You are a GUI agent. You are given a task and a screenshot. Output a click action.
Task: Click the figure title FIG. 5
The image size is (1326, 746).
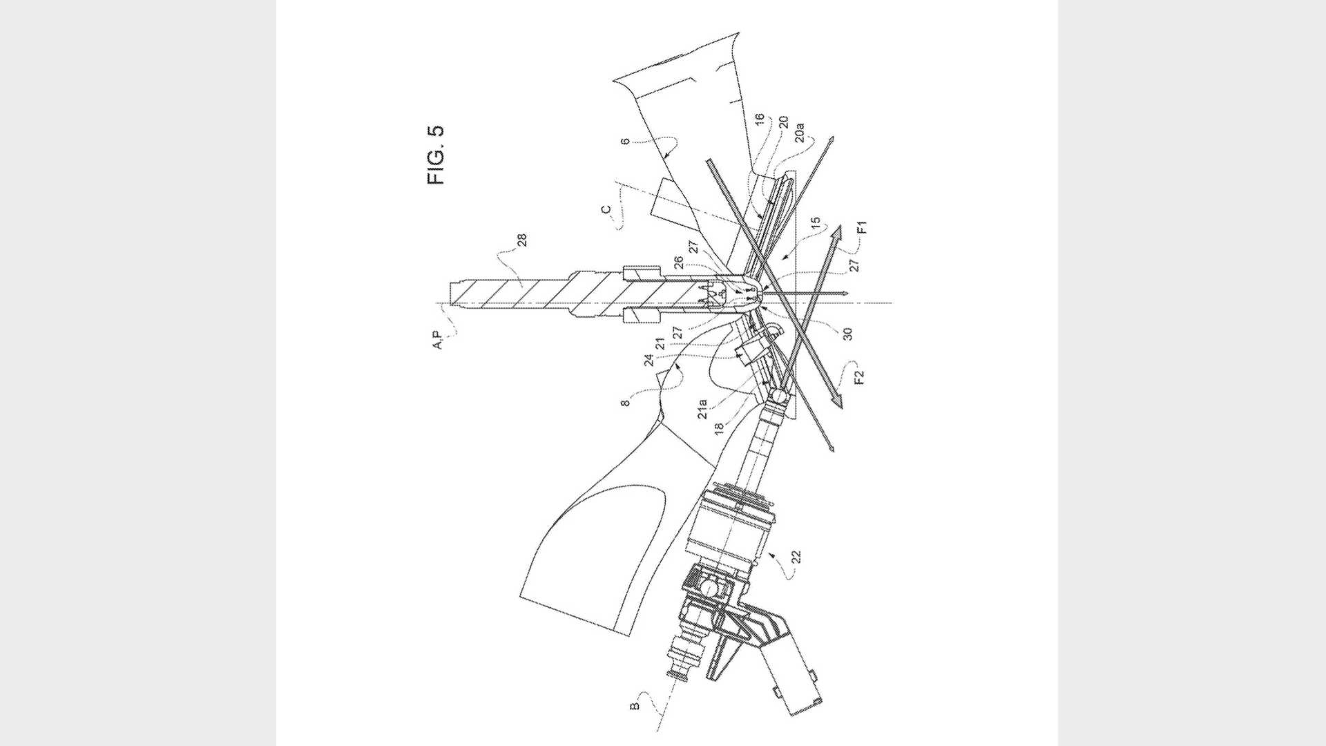click(436, 154)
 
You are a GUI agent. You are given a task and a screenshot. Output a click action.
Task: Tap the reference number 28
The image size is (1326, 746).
click(522, 240)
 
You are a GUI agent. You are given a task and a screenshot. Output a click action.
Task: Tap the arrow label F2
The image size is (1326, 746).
click(858, 378)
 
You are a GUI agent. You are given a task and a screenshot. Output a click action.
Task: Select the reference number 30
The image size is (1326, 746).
click(849, 333)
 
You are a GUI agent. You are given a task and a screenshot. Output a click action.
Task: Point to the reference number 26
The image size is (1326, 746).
click(679, 263)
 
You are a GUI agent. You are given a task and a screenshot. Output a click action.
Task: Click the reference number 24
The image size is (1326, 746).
click(649, 359)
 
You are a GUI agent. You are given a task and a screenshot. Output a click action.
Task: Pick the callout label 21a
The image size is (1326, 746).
click(702, 408)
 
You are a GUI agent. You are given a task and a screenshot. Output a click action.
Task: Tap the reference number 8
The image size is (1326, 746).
click(626, 399)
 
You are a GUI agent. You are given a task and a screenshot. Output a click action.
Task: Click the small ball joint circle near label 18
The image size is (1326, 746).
click(776, 396)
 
